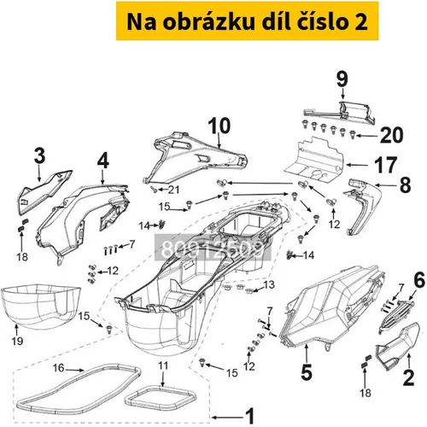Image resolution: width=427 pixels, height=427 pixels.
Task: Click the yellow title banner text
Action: coord(247,21)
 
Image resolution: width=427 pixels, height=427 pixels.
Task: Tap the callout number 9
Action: coord(342,79)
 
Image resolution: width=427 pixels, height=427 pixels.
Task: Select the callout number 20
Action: coord(391,135)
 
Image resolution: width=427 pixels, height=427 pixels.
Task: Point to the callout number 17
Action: coord(386,165)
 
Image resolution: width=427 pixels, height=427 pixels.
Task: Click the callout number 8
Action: coord(406,184)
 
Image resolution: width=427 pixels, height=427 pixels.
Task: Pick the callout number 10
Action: coord(219,126)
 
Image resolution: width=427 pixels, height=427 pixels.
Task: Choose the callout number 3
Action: coord(39,155)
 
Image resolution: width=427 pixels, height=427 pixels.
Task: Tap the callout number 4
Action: coord(103,161)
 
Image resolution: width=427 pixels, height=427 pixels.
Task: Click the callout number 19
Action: coord(17,341)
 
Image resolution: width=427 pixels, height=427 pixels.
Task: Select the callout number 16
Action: coord(58,367)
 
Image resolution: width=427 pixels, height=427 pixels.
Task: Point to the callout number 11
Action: coord(163,366)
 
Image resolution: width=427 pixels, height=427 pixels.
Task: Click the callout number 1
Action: coord(250,416)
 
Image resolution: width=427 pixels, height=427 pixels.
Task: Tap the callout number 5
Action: coord(307,372)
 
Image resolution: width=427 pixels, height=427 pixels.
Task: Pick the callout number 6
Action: coord(419,280)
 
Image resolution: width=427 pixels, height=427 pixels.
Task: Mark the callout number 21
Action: coord(173,190)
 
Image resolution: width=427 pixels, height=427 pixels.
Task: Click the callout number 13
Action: coord(269,284)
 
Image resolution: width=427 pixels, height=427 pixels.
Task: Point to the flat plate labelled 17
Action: coord(313,158)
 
